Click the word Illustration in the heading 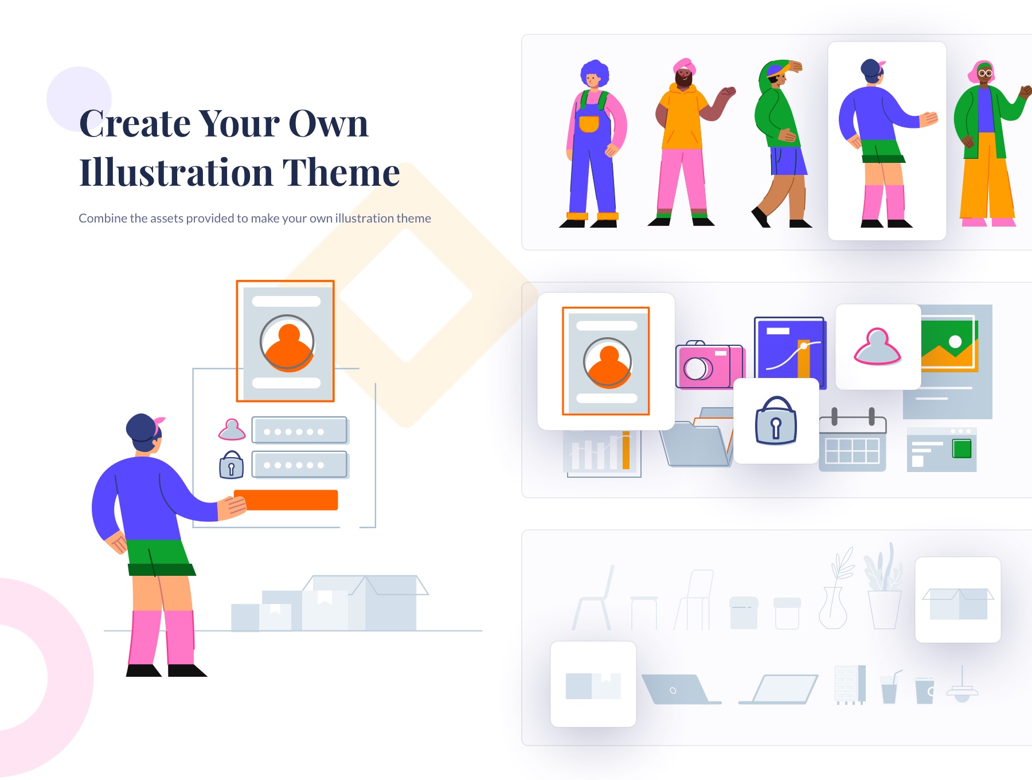(x=176, y=173)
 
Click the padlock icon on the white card (x=776, y=422)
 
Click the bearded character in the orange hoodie (x=685, y=143)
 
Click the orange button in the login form (x=286, y=500)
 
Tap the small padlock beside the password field (x=232, y=465)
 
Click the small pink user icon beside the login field (x=232, y=430)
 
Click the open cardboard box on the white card (x=958, y=602)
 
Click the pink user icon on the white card (x=877, y=347)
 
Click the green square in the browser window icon (x=961, y=448)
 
